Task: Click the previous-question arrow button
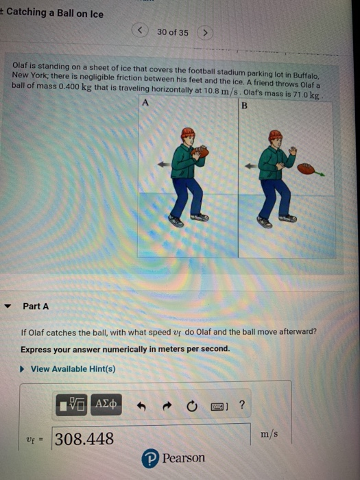(140, 30)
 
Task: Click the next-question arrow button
(205, 32)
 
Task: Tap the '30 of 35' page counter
(173, 32)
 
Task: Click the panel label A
(145, 103)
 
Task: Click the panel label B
(244, 106)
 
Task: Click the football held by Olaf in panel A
(200, 152)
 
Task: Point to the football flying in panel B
(306, 169)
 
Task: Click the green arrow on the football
(320, 174)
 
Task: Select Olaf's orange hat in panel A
(188, 133)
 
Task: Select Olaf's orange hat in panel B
(275, 135)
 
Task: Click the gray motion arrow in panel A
(164, 165)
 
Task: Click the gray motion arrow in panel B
(252, 166)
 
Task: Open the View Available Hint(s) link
(73, 369)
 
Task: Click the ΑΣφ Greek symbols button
(106, 405)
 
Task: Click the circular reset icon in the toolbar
(192, 406)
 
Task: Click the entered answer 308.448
(84, 439)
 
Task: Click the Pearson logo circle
(150, 458)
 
